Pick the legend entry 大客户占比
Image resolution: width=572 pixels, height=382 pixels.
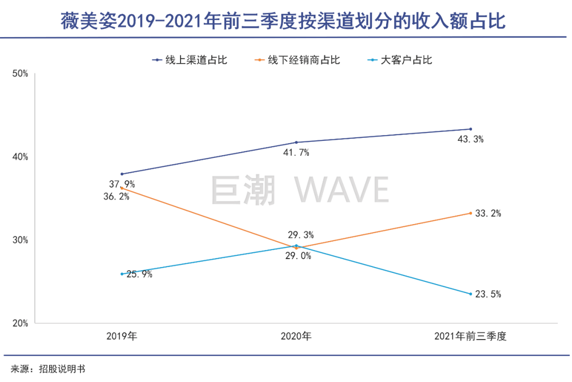point(406,60)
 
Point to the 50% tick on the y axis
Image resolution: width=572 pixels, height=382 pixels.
point(20,74)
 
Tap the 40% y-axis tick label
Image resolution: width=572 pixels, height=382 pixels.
point(20,157)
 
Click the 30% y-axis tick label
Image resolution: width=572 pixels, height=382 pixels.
point(20,240)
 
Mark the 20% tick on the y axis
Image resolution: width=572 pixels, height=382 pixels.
point(20,323)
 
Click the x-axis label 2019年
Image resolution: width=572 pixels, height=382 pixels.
point(122,336)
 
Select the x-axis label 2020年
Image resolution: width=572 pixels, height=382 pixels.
point(296,336)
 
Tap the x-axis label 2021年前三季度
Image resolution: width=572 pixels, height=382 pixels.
point(470,336)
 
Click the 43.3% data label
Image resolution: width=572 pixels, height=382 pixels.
point(471,140)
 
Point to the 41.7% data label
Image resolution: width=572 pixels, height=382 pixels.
point(296,153)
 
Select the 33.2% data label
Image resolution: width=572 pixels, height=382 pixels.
point(488,214)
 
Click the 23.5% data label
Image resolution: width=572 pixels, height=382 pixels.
point(488,294)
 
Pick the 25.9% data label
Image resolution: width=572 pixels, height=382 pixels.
point(139,274)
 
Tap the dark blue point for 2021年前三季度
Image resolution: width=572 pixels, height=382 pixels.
point(470,129)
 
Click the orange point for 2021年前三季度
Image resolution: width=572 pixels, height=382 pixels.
point(470,213)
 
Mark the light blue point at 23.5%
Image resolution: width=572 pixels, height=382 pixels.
point(470,294)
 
